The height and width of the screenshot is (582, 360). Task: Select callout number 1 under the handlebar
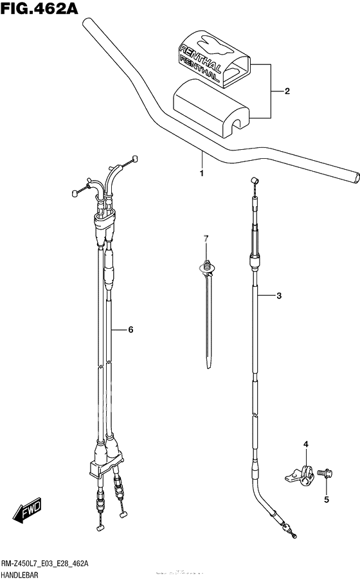coord(202,174)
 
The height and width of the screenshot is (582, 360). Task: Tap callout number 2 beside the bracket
coord(287,91)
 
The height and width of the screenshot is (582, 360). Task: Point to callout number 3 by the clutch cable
coord(279,296)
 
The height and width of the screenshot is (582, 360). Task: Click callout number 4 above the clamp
coord(306,444)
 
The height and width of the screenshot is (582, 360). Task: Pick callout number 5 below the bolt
coord(327,500)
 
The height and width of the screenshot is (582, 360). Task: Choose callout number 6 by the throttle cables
coord(130,330)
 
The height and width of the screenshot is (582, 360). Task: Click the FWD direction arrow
coord(27,511)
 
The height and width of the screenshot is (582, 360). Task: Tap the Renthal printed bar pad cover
coord(213,59)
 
